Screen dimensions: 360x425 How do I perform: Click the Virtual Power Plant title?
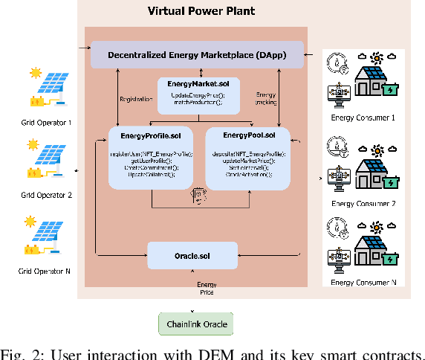click(x=201, y=12)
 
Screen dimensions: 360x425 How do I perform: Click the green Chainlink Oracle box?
click(x=196, y=324)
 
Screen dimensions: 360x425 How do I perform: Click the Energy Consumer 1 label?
click(x=364, y=118)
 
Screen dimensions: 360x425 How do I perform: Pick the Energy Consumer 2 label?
click(x=364, y=203)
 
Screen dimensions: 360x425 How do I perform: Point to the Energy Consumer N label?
click(x=364, y=283)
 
